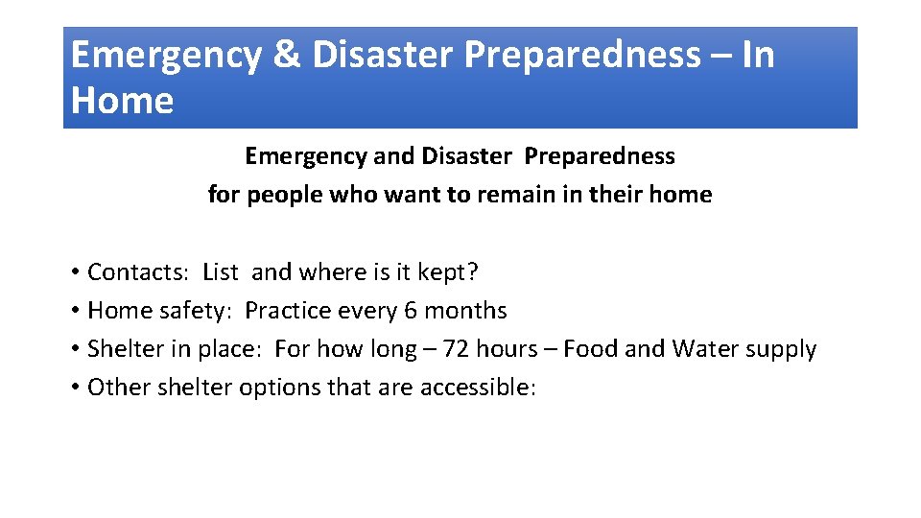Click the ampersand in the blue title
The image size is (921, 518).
tap(286, 56)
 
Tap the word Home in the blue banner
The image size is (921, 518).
tap(122, 101)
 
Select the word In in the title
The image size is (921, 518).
tap(758, 56)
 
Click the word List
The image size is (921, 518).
tap(220, 272)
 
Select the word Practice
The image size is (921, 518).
tap(284, 311)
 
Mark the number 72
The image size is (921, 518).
tap(457, 349)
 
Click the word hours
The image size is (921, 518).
tap(509, 349)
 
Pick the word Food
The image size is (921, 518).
tap(590, 349)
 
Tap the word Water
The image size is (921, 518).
tap(705, 349)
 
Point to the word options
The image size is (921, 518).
tap(282, 388)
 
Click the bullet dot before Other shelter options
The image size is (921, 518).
tap(74, 388)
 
